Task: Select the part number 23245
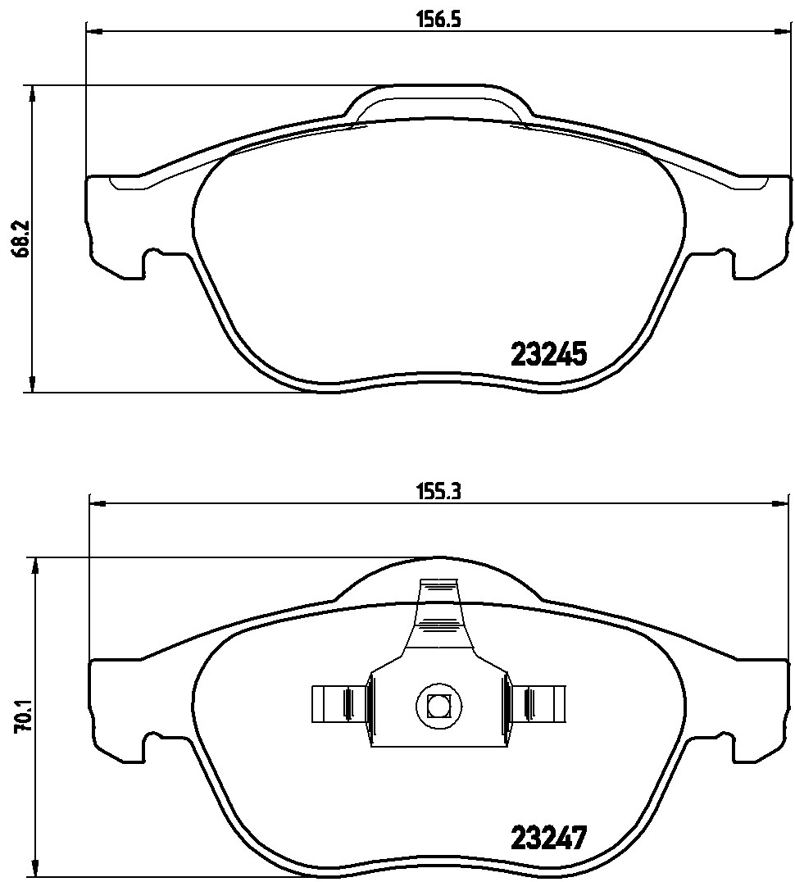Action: click(548, 354)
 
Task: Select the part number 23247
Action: click(548, 838)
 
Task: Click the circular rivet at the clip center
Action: click(438, 704)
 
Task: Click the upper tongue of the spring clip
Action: click(438, 607)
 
